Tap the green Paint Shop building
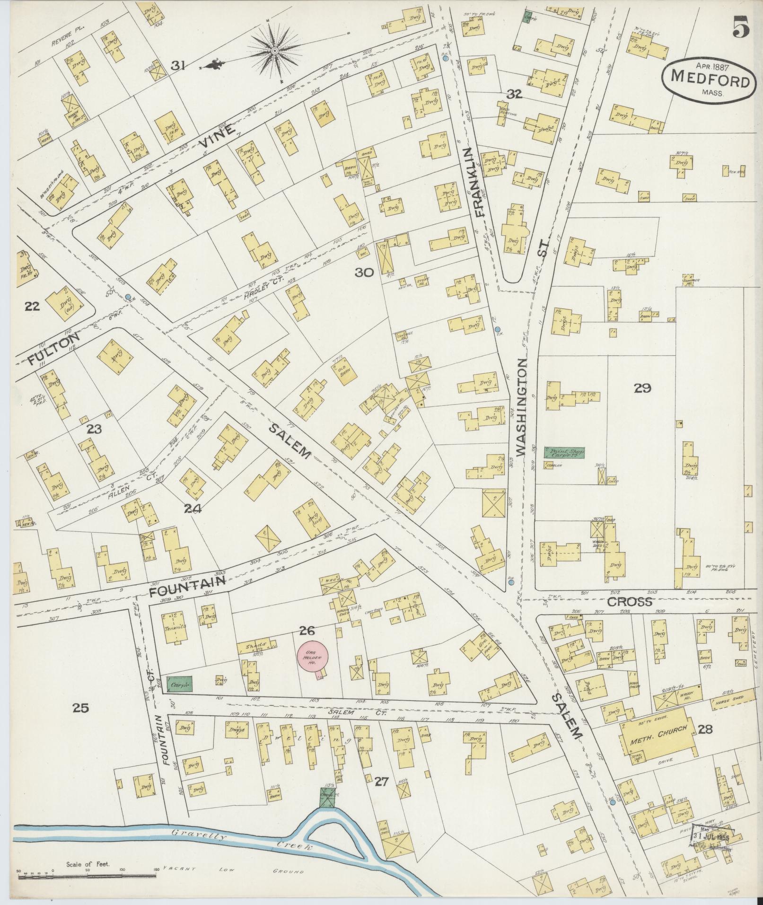point(564,452)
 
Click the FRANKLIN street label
point(478,182)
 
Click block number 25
point(81,708)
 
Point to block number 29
point(643,388)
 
